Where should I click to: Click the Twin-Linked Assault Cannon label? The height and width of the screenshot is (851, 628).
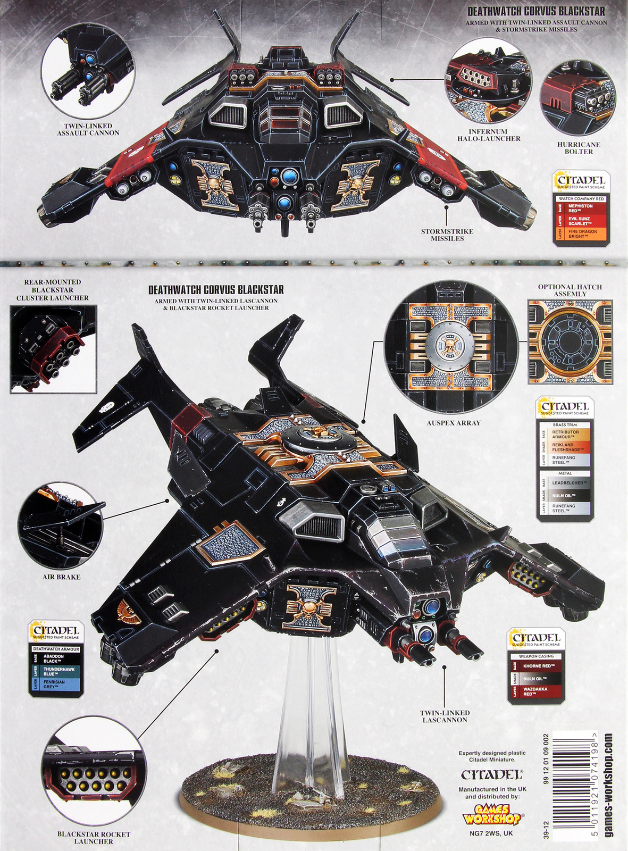coord(88,129)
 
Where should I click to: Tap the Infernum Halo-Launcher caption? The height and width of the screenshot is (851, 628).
coord(488,135)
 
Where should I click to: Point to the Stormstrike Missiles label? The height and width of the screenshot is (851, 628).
coord(447,235)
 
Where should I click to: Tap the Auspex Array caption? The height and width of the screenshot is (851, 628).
coord(453,423)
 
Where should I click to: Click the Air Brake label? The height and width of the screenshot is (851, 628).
coord(61,577)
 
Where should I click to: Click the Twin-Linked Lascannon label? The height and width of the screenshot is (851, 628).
coord(445,716)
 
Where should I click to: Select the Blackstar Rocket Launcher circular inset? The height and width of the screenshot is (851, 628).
coord(93,772)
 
